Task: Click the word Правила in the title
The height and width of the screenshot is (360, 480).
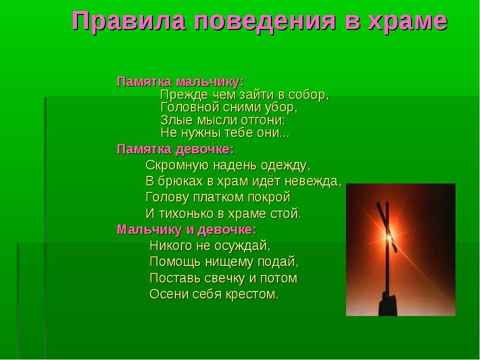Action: click(123, 21)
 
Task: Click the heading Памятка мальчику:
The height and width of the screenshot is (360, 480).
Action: click(180, 82)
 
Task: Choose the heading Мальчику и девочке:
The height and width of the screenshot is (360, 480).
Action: click(186, 230)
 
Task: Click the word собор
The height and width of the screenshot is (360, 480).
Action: click(308, 95)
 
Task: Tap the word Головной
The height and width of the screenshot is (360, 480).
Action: click(189, 108)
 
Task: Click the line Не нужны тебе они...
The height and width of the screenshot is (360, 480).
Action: click(225, 134)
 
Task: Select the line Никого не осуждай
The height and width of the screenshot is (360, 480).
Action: click(210, 246)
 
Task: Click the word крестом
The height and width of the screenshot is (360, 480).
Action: click(252, 294)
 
